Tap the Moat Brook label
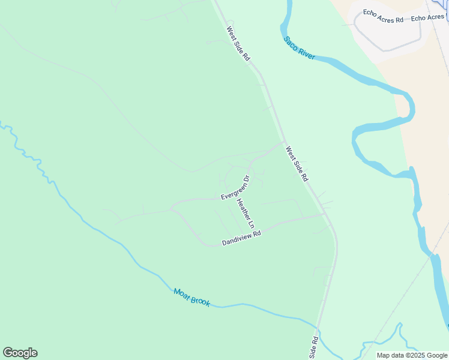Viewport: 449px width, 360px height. [191, 297]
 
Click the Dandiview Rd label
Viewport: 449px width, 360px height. [242, 238]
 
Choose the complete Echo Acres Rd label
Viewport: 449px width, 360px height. [383, 20]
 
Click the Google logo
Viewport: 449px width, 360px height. [20, 353]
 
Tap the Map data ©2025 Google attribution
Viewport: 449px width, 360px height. [412, 355]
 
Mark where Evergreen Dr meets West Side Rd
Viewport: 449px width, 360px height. [284, 142]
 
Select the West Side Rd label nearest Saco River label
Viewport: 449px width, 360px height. [238, 43]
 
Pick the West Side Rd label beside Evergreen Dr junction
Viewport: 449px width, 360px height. [297, 164]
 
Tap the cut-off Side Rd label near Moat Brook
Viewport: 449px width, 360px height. [313, 347]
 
